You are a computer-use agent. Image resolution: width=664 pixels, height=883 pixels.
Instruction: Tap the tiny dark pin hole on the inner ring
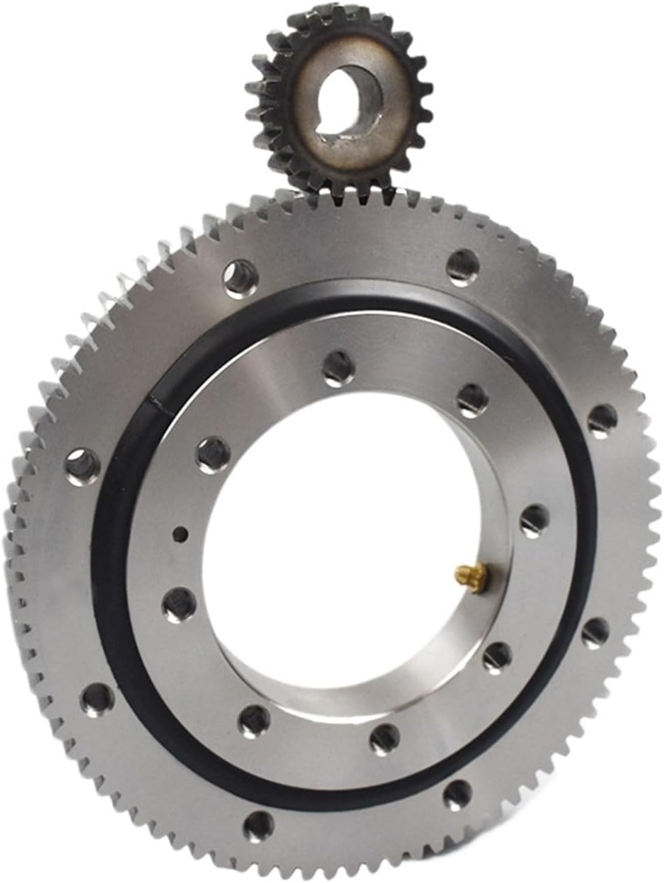tap(180, 535)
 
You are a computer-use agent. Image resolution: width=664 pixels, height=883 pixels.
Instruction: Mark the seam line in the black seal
tap(157, 401)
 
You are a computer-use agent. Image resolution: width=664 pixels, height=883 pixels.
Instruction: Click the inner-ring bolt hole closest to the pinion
tap(335, 366)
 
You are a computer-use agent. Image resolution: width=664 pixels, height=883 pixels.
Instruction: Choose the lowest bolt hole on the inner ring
tap(382, 735)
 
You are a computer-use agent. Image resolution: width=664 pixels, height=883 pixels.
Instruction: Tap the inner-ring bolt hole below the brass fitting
tap(498, 655)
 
